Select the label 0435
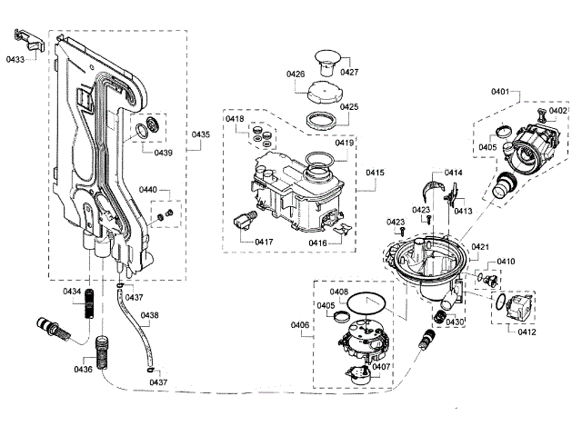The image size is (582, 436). [201, 134]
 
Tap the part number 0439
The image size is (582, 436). [163, 153]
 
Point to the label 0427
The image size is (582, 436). [349, 72]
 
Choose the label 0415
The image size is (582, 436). [376, 172]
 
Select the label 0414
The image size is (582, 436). [454, 173]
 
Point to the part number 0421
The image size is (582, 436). [480, 247]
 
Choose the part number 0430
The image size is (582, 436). [455, 322]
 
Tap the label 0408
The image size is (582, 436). [339, 292]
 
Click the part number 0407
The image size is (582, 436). [382, 367]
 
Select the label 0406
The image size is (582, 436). [299, 324]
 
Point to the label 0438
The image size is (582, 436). [150, 315]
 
